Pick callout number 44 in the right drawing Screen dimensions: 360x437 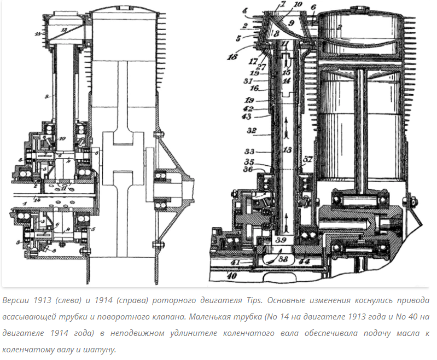(305, 262)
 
